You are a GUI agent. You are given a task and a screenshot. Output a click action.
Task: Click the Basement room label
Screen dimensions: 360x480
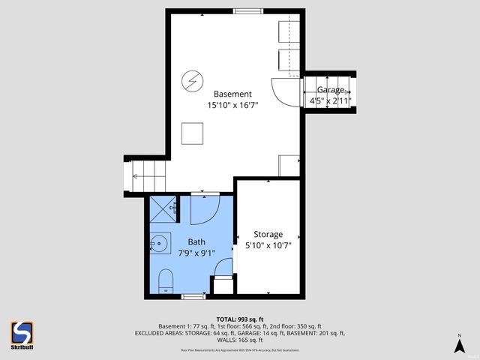point(232,94)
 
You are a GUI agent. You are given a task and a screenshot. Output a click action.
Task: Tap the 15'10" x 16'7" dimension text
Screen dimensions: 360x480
point(232,106)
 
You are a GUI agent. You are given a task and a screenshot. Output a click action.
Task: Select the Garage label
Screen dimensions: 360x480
point(330,89)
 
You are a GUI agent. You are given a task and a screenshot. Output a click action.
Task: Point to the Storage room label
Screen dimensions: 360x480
point(268,233)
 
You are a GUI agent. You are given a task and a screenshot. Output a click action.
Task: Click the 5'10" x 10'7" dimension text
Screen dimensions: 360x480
point(268,245)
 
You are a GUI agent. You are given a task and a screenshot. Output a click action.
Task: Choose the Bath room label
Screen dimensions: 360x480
point(196,241)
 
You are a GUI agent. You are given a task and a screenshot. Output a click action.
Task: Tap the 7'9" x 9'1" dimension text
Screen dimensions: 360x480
point(196,253)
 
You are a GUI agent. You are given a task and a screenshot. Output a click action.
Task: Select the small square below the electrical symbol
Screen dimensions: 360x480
point(192,133)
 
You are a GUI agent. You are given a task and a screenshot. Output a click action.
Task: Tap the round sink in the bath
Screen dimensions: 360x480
point(159,242)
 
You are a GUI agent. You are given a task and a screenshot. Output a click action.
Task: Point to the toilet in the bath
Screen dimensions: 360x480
point(163,282)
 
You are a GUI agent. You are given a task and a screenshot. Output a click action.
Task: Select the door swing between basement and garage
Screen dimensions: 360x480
point(286,90)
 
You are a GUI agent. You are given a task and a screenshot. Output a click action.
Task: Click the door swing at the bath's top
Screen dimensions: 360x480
point(204,209)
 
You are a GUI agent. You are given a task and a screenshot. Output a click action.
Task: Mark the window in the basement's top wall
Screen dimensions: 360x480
point(247,11)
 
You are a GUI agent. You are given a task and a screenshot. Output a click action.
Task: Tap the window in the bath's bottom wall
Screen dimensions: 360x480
point(193,297)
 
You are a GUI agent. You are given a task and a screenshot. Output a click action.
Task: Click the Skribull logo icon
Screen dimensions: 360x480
point(22,332)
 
